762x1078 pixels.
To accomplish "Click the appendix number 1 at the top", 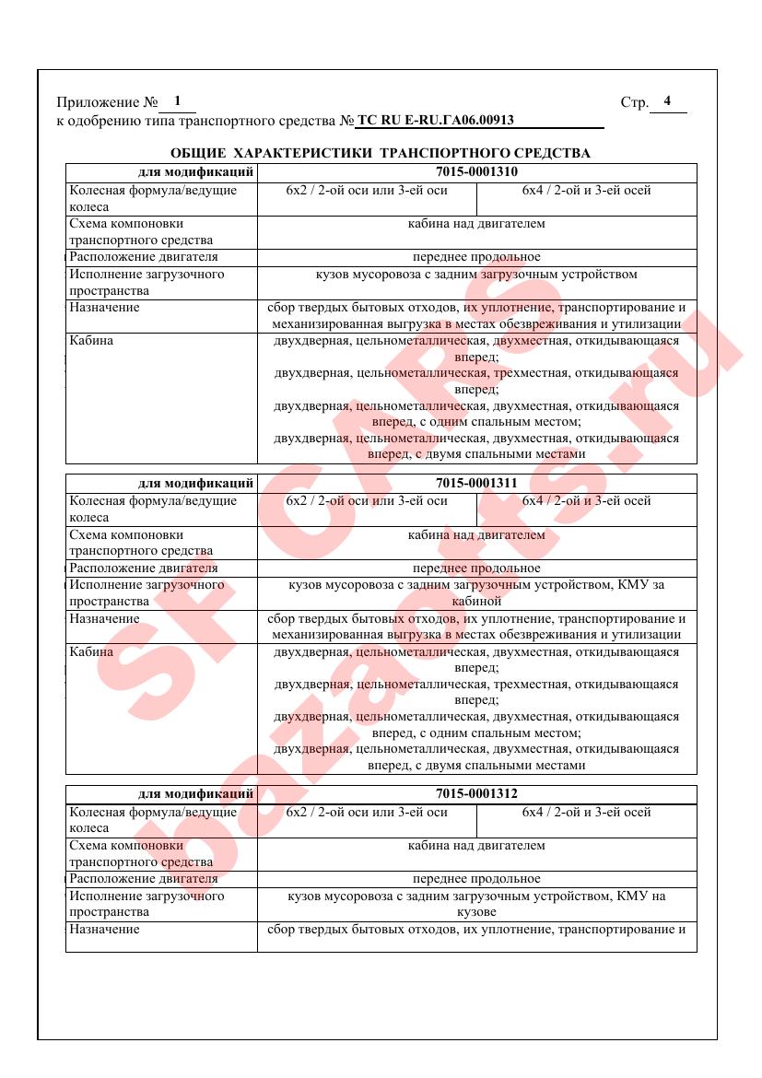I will point(177,100).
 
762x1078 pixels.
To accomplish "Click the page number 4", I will point(667,100).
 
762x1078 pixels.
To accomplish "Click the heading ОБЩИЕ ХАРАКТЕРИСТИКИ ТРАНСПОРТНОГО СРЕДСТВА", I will point(381,152).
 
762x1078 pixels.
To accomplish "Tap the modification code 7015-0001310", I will point(476,171).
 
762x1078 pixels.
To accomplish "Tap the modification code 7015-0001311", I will point(476,482).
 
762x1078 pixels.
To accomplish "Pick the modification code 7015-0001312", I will point(476,793).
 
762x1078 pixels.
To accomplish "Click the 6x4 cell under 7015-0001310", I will point(586,191).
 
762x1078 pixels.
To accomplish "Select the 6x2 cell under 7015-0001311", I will point(367,501).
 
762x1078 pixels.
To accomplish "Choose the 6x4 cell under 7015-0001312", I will point(586,812).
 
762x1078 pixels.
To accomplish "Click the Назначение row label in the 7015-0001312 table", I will point(104,929).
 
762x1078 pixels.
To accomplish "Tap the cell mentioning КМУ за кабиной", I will point(476,592).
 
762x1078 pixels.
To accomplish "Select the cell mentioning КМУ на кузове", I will point(476,903).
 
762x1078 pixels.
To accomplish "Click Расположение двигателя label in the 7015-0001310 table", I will point(143,257).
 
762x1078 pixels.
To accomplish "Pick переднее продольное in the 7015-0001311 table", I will point(476,568).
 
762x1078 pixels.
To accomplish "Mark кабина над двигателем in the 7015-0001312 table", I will point(476,845).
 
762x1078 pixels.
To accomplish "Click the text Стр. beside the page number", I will point(634,102).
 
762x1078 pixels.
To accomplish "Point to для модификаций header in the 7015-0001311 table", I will point(195,482).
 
